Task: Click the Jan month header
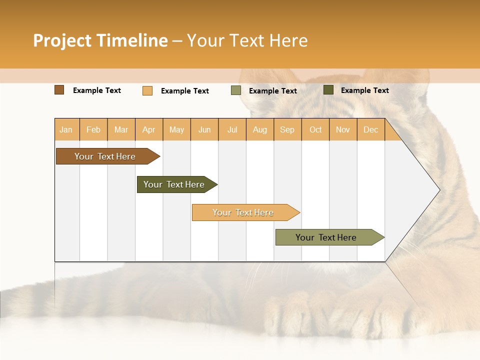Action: click(x=66, y=129)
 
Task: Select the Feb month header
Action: click(x=93, y=129)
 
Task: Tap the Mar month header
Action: click(x=121, y=129)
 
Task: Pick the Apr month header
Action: click(x=149, y=129)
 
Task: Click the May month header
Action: click(x=176, y=129)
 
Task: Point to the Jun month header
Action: click(x=204, y=129)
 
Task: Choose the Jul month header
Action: click(x=232, y=129)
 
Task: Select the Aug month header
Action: click(x=260, y=129)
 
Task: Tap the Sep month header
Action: click(x=287, y=129)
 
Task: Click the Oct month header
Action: click(x=315, y=129)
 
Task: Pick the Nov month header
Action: click(x=343, y=129)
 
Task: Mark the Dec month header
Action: click(x=371, y=129)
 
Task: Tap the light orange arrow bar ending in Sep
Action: click(x=243, y=212)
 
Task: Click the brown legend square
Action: click(x=59, y=90)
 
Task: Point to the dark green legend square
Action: click(x=328, y=90)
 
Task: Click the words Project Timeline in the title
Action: click(x=100, y=40)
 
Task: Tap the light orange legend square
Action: click(x=147, y=90)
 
